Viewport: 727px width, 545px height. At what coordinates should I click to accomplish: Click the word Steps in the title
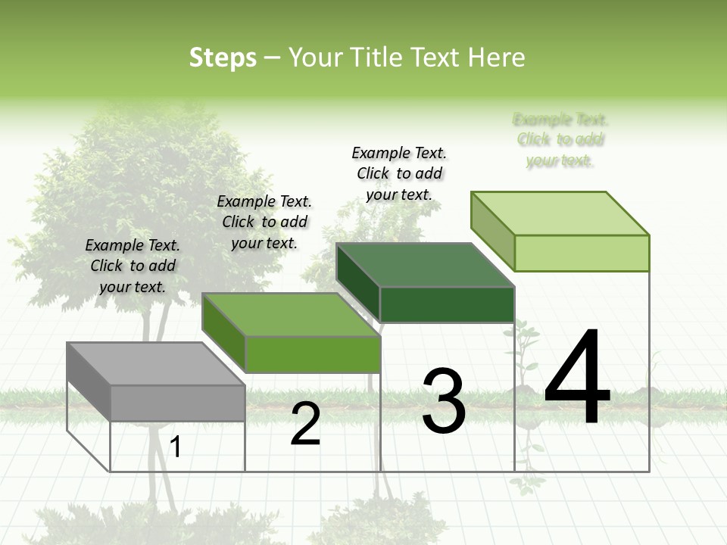[x=223, y=58]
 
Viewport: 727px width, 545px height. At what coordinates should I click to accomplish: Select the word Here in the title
[x=496, y=58]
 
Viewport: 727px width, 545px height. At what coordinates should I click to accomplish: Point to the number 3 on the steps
[x=444, y=401]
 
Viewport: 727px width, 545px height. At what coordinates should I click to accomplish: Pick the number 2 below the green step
[x=305, y=424]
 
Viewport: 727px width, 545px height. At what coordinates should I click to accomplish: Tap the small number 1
[x=176, y=447]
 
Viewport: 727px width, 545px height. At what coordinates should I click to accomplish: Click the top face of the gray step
[x=155, y=363]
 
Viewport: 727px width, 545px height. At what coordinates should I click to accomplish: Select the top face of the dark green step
[x=425, y=265]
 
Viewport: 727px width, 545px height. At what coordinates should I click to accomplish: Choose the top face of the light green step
[x=560, y=213]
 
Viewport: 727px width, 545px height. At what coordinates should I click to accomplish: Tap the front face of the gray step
[x=177, y=403]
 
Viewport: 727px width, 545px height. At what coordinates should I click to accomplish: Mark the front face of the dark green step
[x=447, y=304]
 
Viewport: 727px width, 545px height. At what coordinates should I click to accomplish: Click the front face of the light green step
[x=582, y=253]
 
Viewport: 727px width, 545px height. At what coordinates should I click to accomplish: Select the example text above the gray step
[x=133, y=266]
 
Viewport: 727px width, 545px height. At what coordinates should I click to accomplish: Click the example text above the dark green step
[x=399, y=173]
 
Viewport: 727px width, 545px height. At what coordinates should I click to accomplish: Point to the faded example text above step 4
[x=560, y=139]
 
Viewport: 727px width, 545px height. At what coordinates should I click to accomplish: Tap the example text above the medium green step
[x=264, y=222]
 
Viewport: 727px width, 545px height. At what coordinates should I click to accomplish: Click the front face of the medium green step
[x=312, y=354]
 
